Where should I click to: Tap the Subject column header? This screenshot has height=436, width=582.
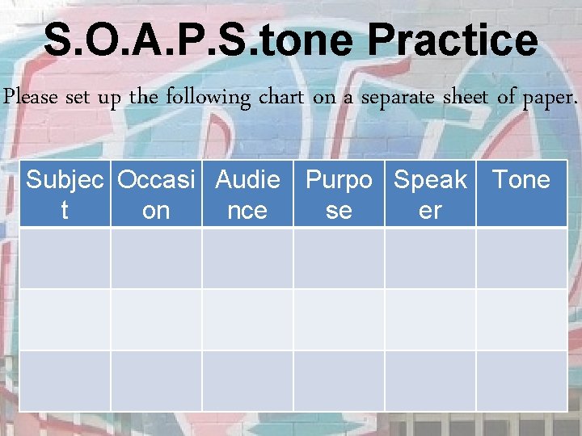point(65,194)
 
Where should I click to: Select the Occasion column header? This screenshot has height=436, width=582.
point(156,194)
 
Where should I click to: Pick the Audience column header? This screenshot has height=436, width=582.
point(247,194)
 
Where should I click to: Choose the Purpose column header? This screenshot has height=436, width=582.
point(339,194)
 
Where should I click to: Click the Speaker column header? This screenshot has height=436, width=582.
point(430,194)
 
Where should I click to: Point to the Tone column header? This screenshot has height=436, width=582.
point(521,180)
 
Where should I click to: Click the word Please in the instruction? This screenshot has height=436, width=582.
point(31,98)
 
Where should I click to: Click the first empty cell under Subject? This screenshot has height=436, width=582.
point(65,258)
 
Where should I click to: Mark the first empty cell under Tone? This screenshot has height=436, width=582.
point(521,258)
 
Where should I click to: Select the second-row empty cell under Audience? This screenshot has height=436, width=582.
point(247,319)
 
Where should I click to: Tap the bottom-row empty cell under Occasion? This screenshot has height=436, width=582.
point(156,380)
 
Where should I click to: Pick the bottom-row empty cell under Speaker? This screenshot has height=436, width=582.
point(430,380)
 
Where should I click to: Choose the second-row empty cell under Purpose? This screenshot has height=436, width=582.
point(339,319)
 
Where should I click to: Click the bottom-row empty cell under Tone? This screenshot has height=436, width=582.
point(521,380)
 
